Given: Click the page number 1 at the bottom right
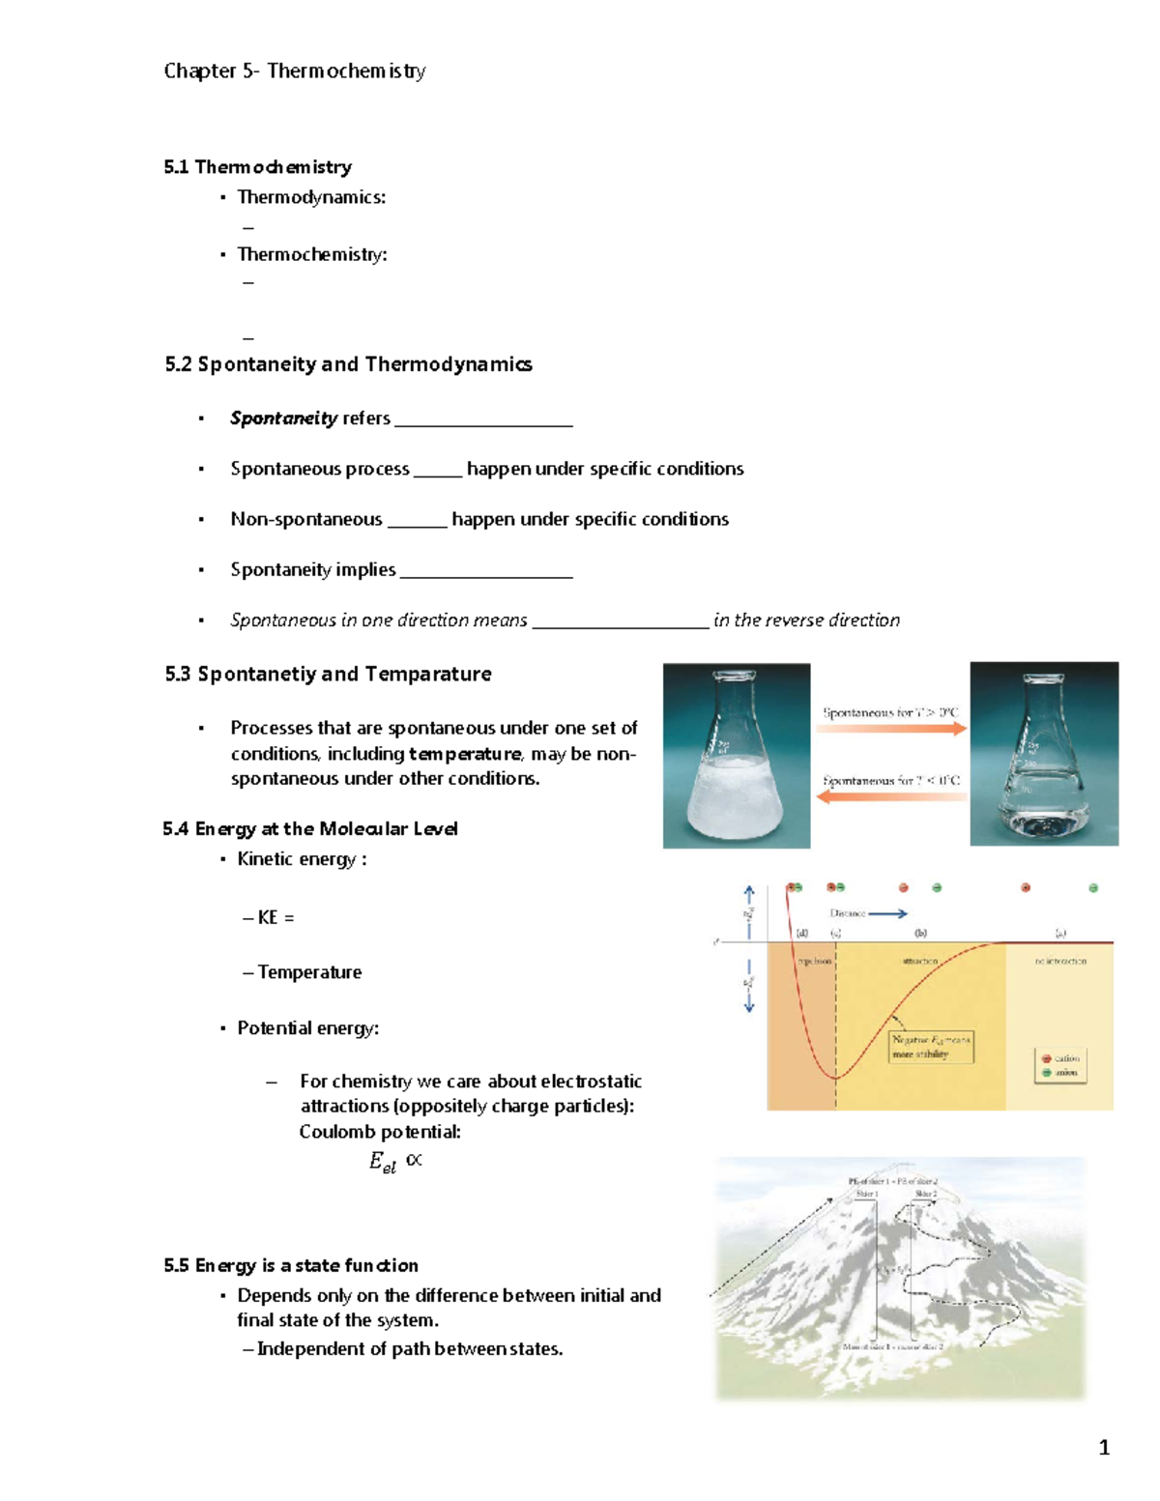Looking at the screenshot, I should click(1104, 1448).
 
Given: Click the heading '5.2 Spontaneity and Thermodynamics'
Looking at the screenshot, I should click(348, 364).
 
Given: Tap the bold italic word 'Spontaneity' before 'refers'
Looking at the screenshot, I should click(283, 419).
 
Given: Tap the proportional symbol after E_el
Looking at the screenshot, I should click(414, 1159).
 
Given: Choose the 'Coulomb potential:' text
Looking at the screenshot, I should click(380, 1132).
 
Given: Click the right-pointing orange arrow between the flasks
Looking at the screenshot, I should click(890, 729).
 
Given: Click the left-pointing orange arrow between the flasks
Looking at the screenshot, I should click(890, 796).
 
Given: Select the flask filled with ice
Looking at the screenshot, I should click(736, 764).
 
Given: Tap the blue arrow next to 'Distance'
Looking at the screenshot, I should click(888, 913).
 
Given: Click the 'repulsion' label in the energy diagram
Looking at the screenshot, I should click(813, 962).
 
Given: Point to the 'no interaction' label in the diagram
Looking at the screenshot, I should click(1060, 962).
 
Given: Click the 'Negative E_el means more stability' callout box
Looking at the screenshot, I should click(930, 1047).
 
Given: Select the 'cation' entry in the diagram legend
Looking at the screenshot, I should click(1060, 1058).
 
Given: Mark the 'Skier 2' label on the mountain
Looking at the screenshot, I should click(926, 1195).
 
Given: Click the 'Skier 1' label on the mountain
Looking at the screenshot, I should click(866, 1195).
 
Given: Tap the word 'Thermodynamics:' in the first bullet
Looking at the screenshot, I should click(311, 197).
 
